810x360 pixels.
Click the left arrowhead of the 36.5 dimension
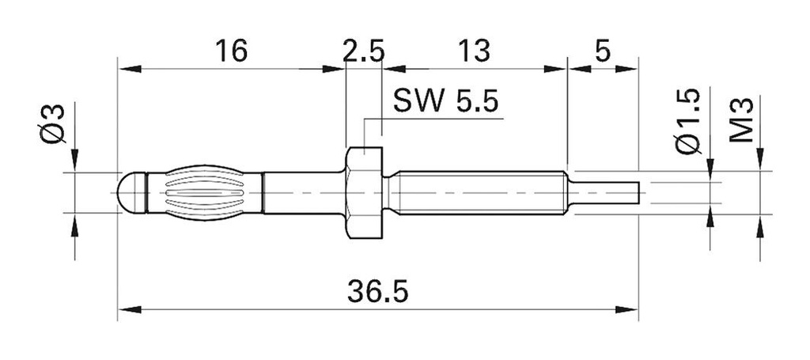click(127, 307)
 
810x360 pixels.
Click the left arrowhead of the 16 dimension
click(127, 68)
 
